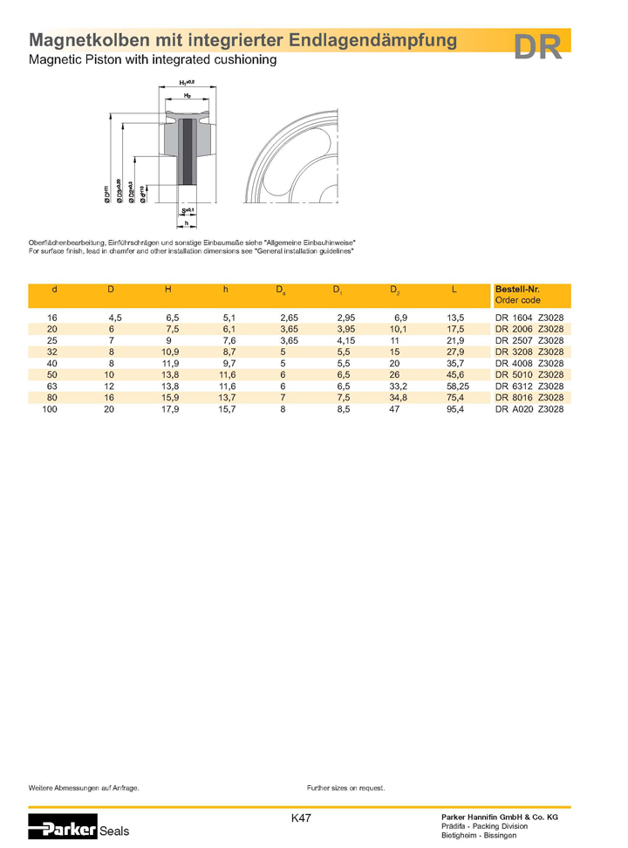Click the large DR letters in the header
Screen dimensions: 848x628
point(537,47)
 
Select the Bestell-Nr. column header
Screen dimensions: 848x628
point(516,289)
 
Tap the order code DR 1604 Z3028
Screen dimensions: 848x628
point(529,318)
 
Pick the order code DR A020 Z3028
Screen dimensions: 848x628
point(529,408)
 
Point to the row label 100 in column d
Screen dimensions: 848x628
point(51,408)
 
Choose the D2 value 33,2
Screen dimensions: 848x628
point(397,386)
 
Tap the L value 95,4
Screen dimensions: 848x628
point(454,408)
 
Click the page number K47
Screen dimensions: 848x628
point(301,818)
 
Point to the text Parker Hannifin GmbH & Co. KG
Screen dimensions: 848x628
point(500,815)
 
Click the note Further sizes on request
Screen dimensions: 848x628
point(345,788)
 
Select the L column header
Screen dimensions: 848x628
point(454,289)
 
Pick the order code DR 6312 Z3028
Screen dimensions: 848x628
point(529,386)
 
